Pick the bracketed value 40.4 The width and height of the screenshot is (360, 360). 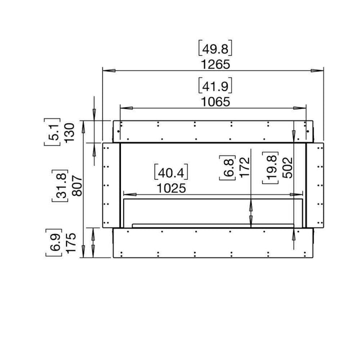click(x=170, y=173)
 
